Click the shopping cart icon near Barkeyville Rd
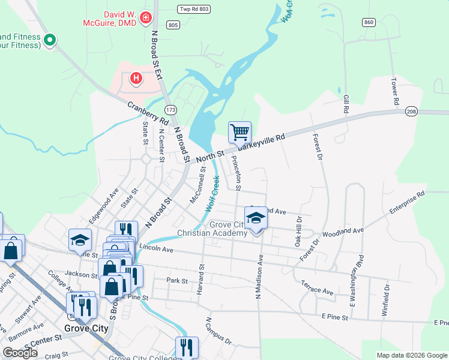click(240, 131)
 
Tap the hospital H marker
click(136, 79)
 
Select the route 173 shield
click(171, 110)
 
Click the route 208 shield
click(411, 112)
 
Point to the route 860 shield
click(368, 22)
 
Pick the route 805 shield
click(173, 25)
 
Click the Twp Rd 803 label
click(194, 8)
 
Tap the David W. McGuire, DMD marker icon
click(145, 19)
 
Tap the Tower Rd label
click(395, 92)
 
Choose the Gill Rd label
click(346, 103)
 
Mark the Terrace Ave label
click(317, 287)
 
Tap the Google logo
click(20, 353)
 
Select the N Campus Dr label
click(218, 331)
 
